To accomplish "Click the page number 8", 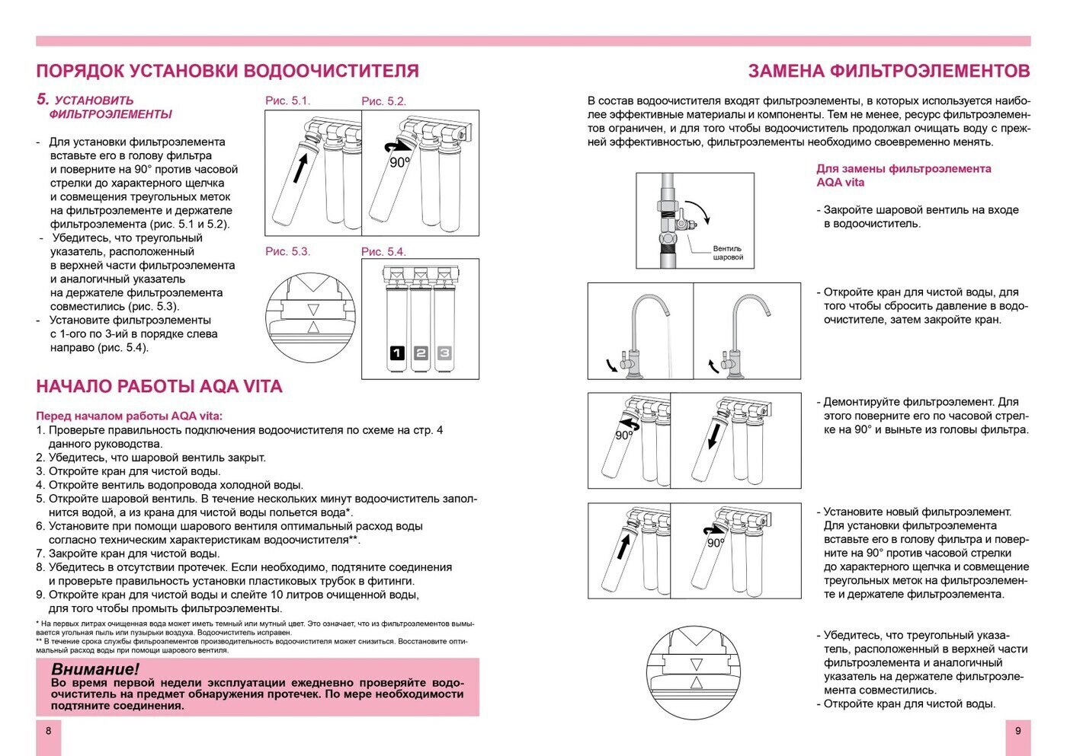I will click(x=49, y=731).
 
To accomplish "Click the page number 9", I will click(x=1017, y=731).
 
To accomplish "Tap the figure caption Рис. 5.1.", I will click(x=287, y=100).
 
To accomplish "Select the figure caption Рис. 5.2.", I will click(x=383, y=101).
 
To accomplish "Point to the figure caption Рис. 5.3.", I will click(x=287, y=251).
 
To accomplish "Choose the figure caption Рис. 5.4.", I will click(x=383, y=252).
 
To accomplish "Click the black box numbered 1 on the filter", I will click(x=397, y=353).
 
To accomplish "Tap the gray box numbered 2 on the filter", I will click(x=421, y=353).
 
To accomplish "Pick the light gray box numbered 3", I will click(x=444, y=353).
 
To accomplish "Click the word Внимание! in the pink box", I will click(x=95, y=669).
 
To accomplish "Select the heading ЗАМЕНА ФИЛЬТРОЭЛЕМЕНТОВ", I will click(x=889, y=72).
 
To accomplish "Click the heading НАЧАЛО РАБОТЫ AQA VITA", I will click(x=159, y=387).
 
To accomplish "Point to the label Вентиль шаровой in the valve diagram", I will click(x=727, y=253).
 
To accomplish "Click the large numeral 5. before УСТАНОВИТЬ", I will click(x=43, y=99).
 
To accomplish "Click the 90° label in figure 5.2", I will click(x=399, y=163).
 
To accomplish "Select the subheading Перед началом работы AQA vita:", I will click(x=130, y=416).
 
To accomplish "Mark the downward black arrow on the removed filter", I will click(x=713, y=435).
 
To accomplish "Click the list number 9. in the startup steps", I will click(x=41, y=595).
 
